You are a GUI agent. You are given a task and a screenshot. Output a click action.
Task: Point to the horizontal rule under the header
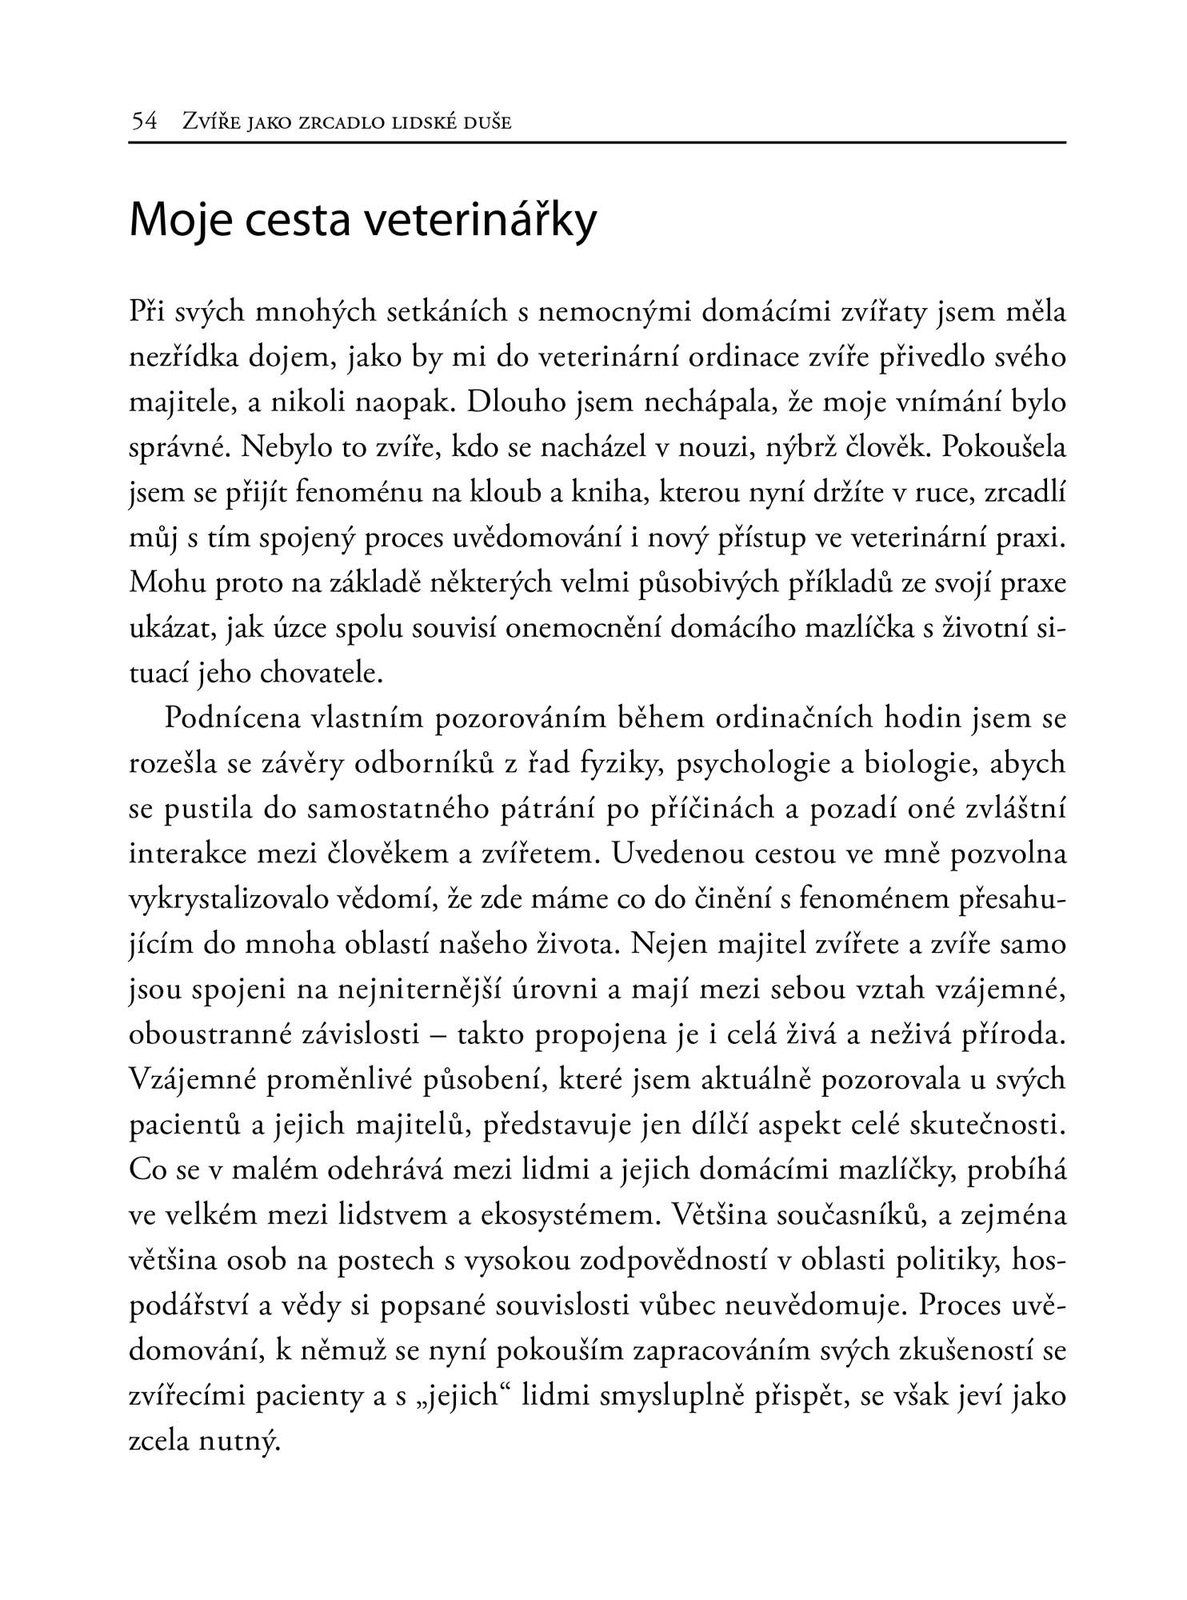coord(597,143)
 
